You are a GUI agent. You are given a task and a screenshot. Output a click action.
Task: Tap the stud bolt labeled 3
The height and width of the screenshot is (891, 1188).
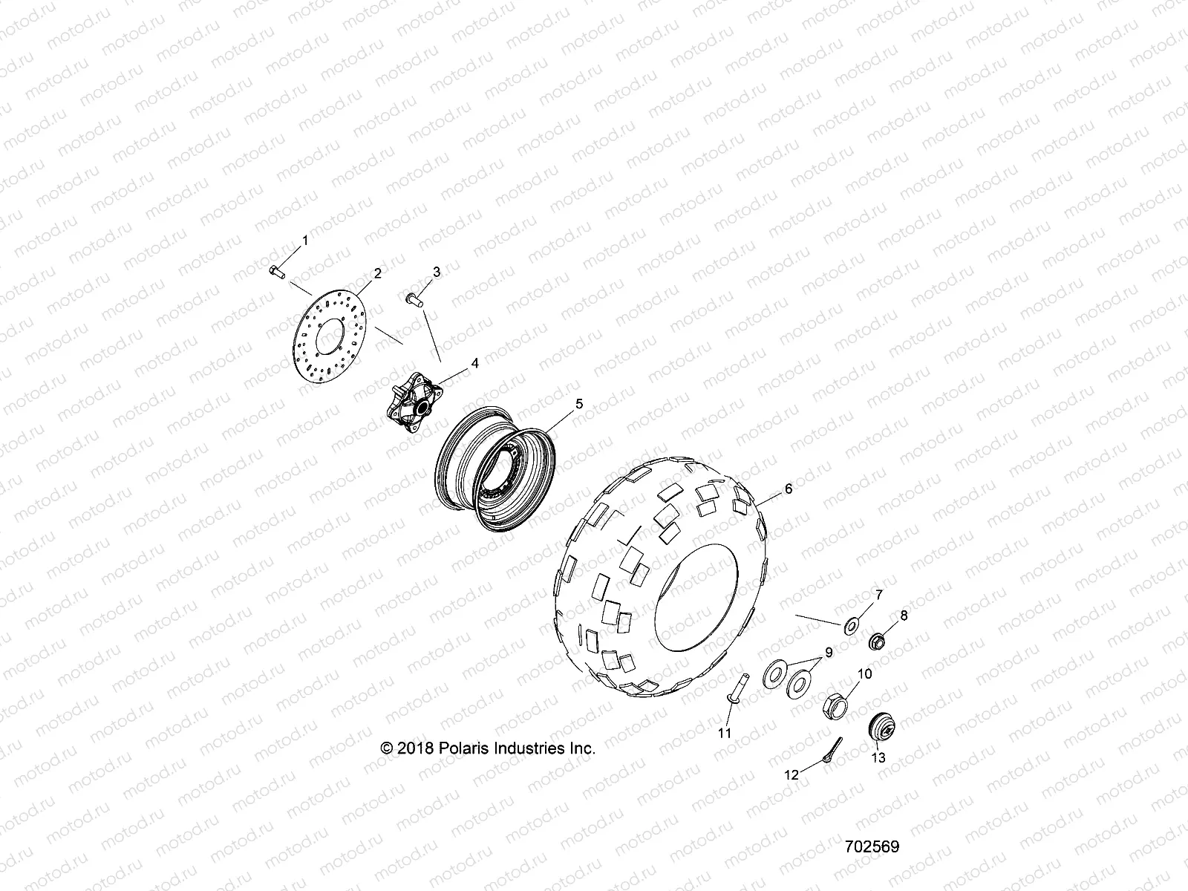[x=413, y=299]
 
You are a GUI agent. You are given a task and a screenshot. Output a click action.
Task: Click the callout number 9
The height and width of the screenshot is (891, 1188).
[x=829, y=653]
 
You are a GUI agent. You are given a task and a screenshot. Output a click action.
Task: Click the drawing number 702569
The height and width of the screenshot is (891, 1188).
[x=872, y=846]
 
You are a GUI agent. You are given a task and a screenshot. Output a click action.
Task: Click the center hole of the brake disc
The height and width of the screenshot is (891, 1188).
[x=331, y=341]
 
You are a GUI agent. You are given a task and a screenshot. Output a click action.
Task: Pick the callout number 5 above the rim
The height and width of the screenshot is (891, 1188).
[x=579, y=404]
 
